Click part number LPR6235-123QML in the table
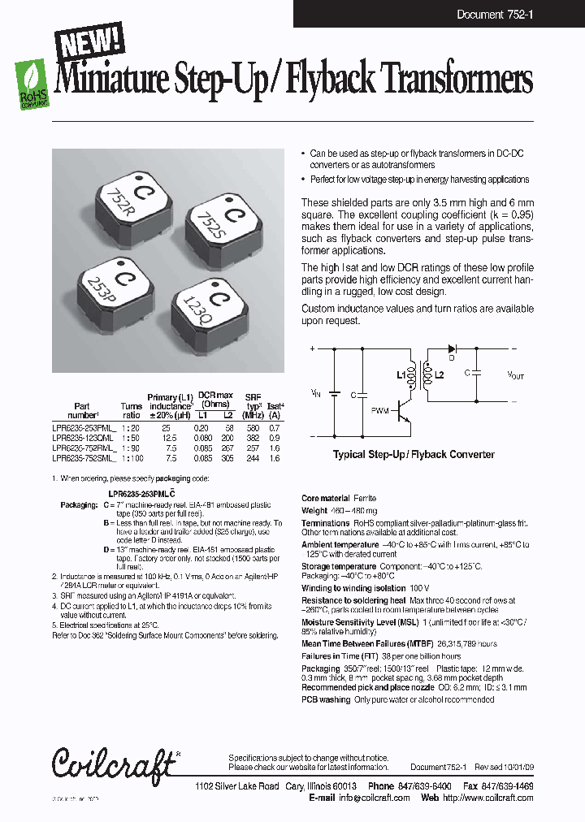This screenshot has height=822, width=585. click(x=84, y=437)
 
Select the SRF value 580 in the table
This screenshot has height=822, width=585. click(x=253, y=426)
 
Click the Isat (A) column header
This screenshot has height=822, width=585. click(x=276, y=406)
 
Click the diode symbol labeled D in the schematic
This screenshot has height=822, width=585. click(x=453, y=348)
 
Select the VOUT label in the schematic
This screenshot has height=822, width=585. click(x=515, y=375)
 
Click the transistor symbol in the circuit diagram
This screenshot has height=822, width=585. click(x=402, y=414)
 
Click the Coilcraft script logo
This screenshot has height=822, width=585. click(x=114, y=763)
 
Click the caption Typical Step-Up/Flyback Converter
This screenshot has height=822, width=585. click(x=413, y=455)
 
